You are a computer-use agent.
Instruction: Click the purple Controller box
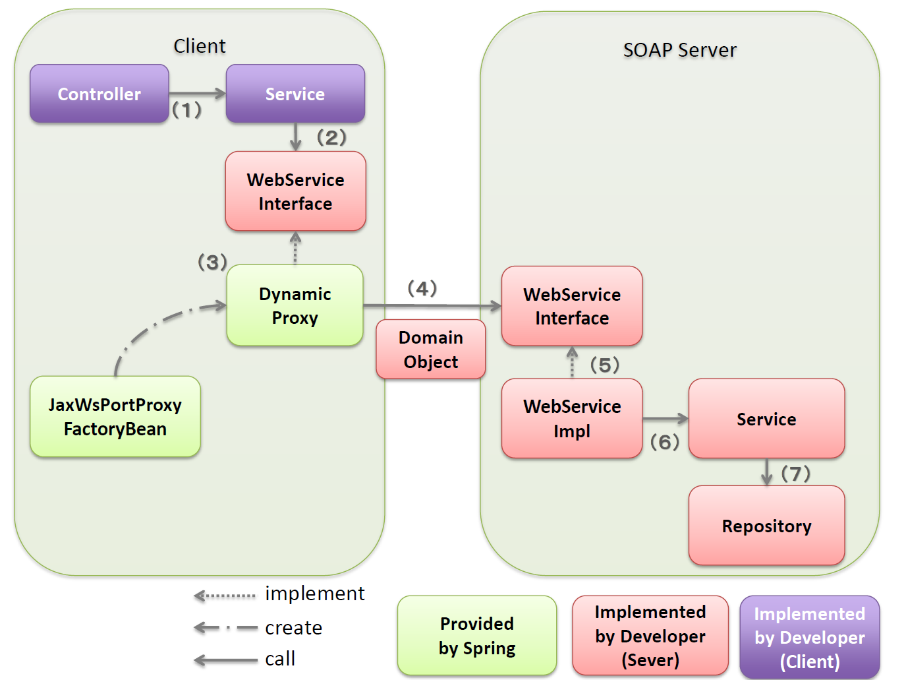pos(99,94)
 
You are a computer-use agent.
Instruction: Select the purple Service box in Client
pos(295,94)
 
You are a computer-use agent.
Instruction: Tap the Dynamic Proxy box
pos(295,305)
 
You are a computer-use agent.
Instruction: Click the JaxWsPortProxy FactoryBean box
pos(115,417)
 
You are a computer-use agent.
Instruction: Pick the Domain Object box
pos(430,350)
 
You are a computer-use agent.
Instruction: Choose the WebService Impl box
pos(571,418)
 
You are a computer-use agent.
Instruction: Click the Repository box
pos(766,526)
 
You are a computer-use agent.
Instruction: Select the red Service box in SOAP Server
pos(766,419)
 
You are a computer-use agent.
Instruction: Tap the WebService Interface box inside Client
pos(295,191)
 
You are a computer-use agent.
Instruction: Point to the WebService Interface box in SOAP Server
pos(571,306)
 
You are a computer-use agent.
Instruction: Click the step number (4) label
pos(422,288)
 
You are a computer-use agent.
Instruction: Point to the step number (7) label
pos(795,473)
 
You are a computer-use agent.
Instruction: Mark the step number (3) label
pos(212,262)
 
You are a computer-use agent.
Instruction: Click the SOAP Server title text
pos(679,50)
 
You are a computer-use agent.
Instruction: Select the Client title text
pos(199,46)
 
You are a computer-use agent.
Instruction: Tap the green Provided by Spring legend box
pos(476,636)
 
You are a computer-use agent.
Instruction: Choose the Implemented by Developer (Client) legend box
pos(809,637)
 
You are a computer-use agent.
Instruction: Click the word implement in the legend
pos(314,594)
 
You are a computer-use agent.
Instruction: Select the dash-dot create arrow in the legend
pos(225,628)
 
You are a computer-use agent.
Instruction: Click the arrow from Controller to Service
pos(197,93)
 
